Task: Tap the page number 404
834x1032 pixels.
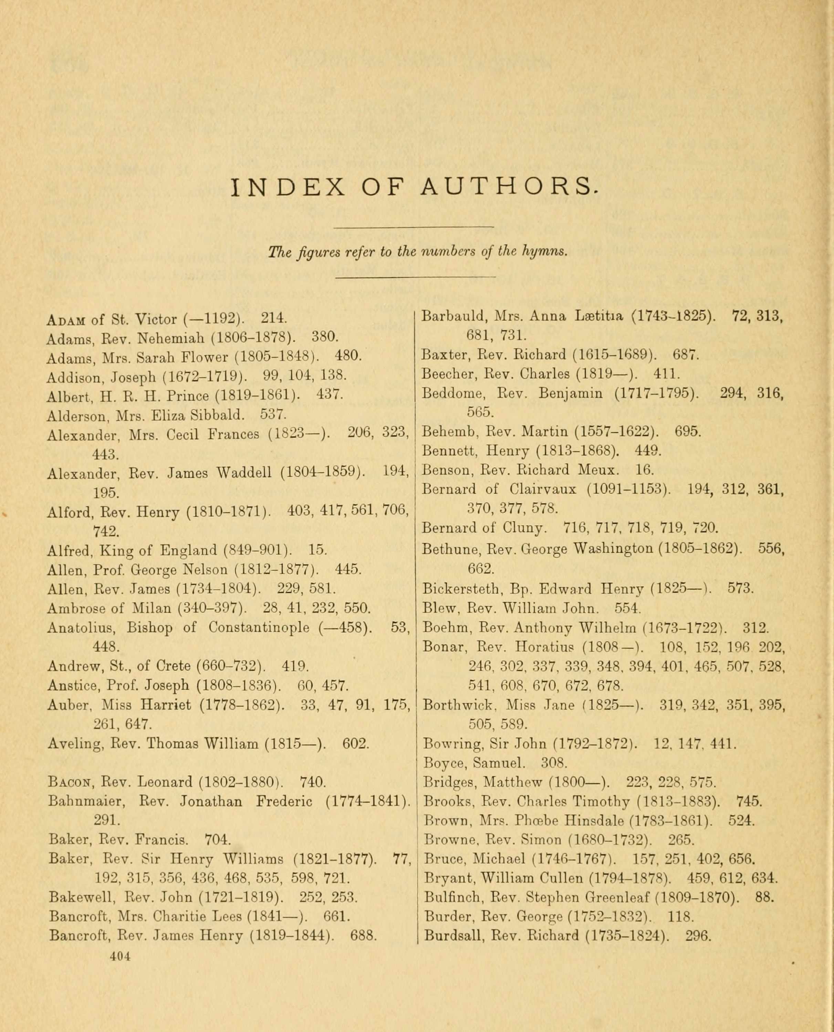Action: pos(120,956)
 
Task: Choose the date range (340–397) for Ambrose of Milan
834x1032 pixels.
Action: pos(212,609)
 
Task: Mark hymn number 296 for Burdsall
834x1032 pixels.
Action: pos(697,936)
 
